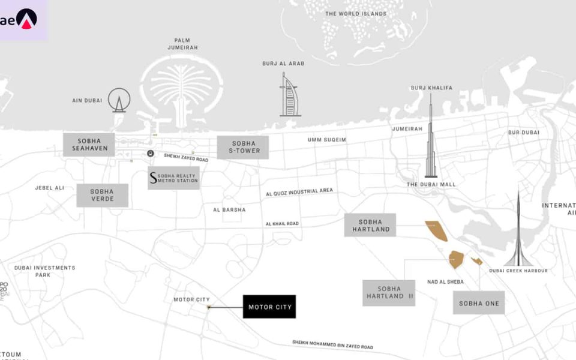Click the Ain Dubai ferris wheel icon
119,100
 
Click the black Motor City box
269,307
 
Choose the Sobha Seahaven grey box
89,145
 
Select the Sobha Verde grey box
102,195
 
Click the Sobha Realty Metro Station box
173,178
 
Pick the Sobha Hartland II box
389,293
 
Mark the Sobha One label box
479,303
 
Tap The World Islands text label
356,14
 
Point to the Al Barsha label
229,210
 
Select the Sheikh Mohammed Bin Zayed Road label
332,344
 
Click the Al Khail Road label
282,224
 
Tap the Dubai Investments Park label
45,271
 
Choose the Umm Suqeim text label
327,140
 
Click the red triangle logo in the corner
26,19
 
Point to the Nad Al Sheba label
444,281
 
